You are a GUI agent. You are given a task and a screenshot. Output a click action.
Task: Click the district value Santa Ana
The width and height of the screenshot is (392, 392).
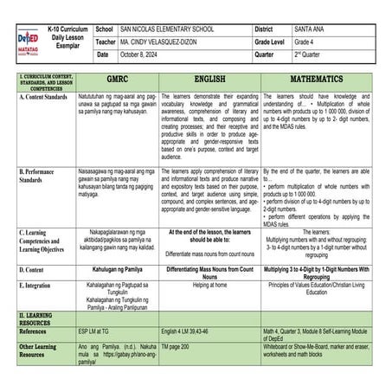pos(312,29)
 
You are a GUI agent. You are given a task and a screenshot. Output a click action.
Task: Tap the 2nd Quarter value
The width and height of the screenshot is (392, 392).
pos(312,55)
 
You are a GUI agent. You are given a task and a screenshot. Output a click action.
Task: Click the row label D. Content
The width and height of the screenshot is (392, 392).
pos(34,270)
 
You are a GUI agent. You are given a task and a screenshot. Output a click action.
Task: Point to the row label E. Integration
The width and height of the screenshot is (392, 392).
pos(39,285)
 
